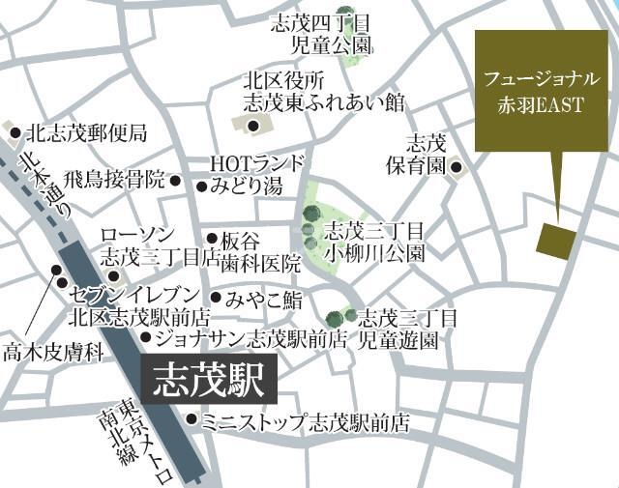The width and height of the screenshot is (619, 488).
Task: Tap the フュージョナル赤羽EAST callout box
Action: pos(542,91)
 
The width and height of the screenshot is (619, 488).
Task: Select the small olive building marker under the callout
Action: pos(555,241)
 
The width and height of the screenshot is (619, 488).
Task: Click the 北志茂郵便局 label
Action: pos(86,132)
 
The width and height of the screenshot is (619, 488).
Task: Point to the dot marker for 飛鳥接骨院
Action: pos(175,180)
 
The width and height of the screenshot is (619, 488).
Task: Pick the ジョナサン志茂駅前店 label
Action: pos(251,338)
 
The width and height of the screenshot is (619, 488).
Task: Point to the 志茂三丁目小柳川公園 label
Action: pos(374,242)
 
